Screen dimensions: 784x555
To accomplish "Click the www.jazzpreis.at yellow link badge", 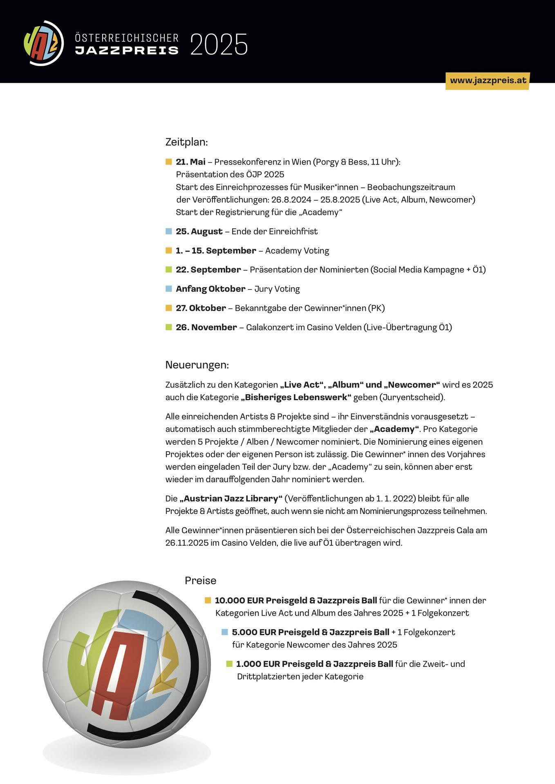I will click(488, 80).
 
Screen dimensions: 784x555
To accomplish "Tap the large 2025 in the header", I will click(219, 45).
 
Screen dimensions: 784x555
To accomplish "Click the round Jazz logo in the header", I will click(44, 43).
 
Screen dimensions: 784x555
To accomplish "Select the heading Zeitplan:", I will click(186, 142).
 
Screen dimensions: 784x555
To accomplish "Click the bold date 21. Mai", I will click(190, 162).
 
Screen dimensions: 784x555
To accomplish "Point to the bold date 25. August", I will click(199, 232).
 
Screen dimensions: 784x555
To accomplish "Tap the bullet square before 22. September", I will click(169, 269).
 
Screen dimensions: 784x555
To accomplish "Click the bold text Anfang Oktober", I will click(210, 289).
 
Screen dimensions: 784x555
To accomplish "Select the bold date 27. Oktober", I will click(201, 308).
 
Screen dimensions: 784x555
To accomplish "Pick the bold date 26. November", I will click(206, 327).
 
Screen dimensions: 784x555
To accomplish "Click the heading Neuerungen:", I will click(197, 365).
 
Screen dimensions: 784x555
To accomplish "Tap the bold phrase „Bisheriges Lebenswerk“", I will click(296, 397).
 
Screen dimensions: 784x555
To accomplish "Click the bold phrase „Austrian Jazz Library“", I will click(231, 499).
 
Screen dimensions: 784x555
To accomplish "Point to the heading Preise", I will click(200, 580).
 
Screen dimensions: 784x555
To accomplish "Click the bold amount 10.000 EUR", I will click(239, 600).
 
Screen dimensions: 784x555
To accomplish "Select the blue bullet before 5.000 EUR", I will click(224, 632).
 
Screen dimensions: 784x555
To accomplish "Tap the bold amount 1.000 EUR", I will click(257, 664).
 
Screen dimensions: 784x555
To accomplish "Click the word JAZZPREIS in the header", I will click(127, 50).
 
